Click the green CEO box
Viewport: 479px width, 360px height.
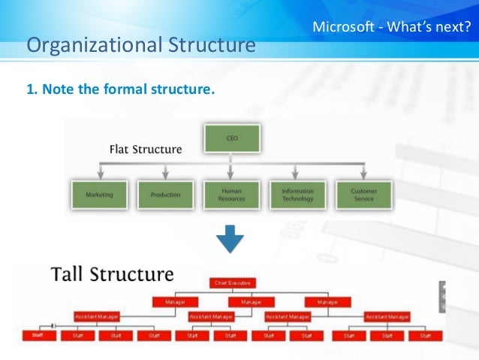(x=232, y=138)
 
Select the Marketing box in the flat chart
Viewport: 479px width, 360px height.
(x=99, y=194)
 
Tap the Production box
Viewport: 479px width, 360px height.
(x=165, y=194)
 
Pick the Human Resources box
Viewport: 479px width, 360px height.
(x=232, y=194)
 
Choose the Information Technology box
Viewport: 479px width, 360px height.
(x=298, y=194)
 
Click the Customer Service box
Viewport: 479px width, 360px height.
(x=365, y=194)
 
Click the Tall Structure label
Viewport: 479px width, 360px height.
(x=112, y=274)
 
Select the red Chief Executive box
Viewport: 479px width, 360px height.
(x=231, y=283)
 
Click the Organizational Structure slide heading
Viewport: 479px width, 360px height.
(x=141, y=46)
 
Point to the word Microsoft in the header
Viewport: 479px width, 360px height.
(x=344, y=28)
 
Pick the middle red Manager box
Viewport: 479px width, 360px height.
(x=252, y=301)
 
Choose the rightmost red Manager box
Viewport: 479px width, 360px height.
(x=328, y=301)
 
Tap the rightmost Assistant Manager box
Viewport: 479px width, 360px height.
(x=387, y=316)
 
